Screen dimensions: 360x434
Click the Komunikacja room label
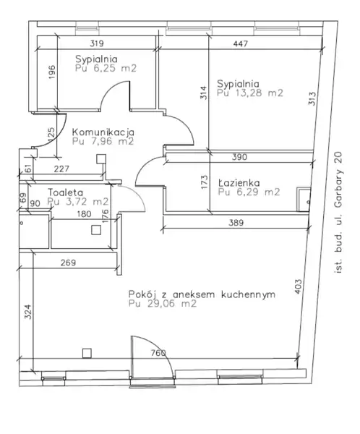(103, 132)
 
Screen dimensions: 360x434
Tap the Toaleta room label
(65, 192)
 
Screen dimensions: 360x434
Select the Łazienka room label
(239, 183)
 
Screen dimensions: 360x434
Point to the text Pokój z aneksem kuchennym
(202, 294)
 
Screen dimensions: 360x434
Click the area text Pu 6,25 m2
(106, 68)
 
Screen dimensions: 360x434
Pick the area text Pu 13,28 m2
(250, 93)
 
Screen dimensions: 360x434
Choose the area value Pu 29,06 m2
(163, 304)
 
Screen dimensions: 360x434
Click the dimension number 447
(240, 43)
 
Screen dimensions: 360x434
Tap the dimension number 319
(97, 43)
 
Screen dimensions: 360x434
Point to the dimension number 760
(158, 353)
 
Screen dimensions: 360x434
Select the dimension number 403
(298, 286)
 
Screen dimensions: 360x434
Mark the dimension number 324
(28, 312)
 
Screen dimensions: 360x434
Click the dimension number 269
(68, 263)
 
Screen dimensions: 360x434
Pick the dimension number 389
(236, 223)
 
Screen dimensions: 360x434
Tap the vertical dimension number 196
(52, 72)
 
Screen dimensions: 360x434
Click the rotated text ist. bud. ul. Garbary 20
(338, 213)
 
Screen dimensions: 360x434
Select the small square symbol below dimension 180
(96, 230)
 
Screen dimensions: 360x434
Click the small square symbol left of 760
(87, 353)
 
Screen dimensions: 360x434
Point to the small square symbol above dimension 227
(101, 159)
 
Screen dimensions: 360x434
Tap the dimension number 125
(51, 135)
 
